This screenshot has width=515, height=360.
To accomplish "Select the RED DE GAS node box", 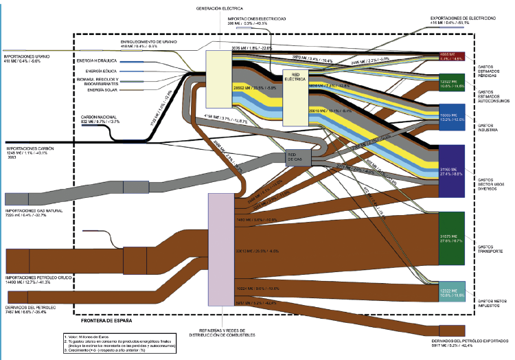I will tap(299, 158).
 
